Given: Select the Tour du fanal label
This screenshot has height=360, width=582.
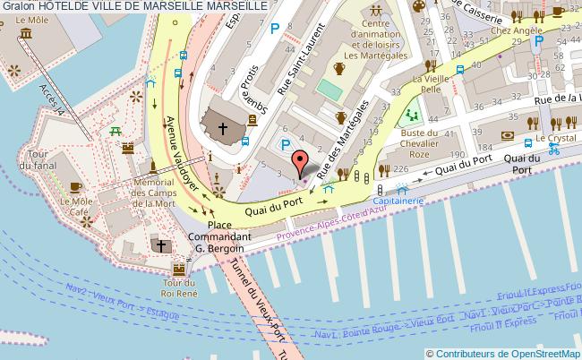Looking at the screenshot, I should [x=39, y=158].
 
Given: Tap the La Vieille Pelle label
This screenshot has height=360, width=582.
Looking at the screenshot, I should [x=431, y=84].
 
